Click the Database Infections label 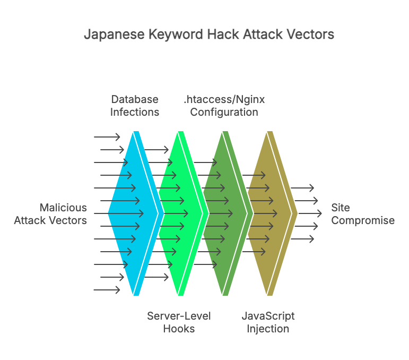coord(135,106)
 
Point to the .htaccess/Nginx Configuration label coord(224,106)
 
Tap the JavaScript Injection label coord(268,322)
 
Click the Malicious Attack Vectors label coord(50,213)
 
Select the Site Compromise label coord(363,213)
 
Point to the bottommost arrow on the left coord(107,289)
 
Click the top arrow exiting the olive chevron coord(302,188)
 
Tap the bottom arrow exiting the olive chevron coord(302,239)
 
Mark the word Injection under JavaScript coord(268,329)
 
